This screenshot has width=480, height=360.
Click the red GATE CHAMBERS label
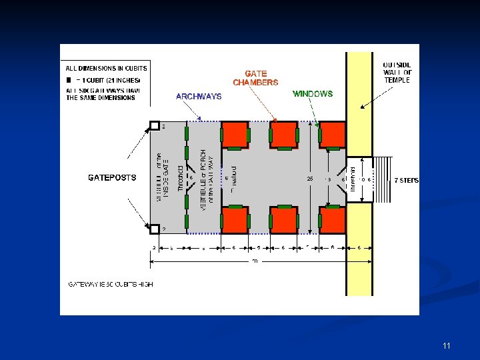(255, 78)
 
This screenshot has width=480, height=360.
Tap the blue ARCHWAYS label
(199, 97)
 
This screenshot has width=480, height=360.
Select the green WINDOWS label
(313, 94)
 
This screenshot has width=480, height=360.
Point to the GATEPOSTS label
(112, 178)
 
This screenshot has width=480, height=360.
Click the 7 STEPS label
(406, 180)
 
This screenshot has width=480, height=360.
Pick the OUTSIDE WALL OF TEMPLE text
(397, 72)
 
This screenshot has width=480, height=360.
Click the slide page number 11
(446, 346)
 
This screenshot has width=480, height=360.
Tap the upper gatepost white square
(154, 126)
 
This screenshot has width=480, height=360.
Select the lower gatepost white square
(154, 229)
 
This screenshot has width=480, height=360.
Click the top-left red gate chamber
(235, 135)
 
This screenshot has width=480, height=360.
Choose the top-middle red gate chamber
(283, 135)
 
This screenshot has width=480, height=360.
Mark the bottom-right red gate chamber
(332, 220)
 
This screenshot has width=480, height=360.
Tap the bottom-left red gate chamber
(235, 220)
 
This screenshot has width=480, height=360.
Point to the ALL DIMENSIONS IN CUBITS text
(106, 68)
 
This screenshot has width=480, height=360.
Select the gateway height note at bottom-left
(111, 284)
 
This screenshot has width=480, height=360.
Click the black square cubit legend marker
(69, 79)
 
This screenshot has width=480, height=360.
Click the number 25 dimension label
(309, 179)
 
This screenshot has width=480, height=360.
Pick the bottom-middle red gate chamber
(283, 220)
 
